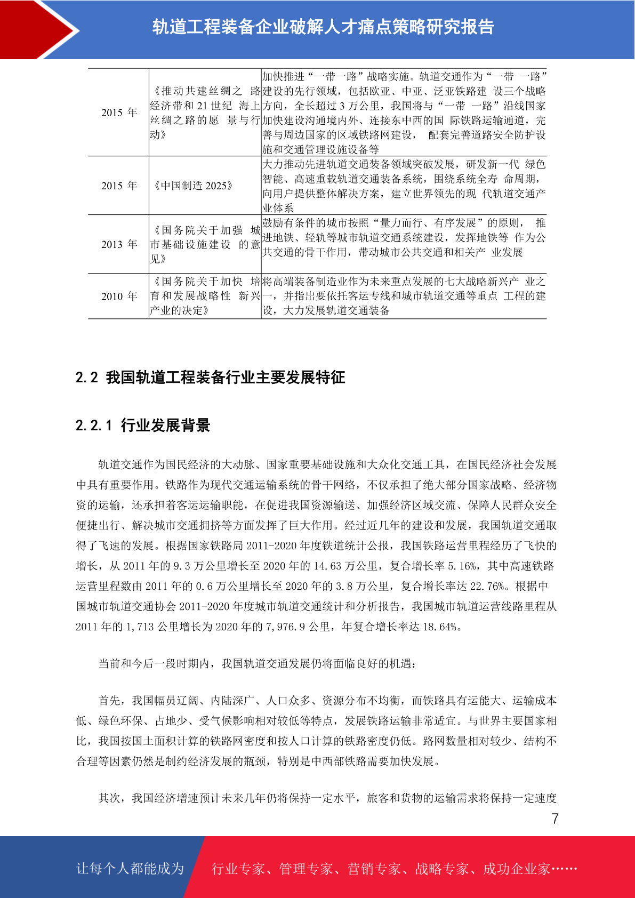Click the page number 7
click(555, 819)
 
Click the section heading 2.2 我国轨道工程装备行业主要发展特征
click(210, 378)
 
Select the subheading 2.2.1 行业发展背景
click(143, 425)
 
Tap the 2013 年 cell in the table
click(119, 244)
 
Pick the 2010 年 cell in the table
click(119, 296)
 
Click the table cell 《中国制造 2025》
click(193, 186)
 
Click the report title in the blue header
click(323, 27)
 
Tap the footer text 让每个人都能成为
click(130, 868)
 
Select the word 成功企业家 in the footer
click(516, 869)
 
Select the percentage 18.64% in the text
click(440, 627)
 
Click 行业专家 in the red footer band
click(238, 869)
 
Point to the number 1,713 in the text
click(140, 627)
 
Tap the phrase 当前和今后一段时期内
click(154, 663)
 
